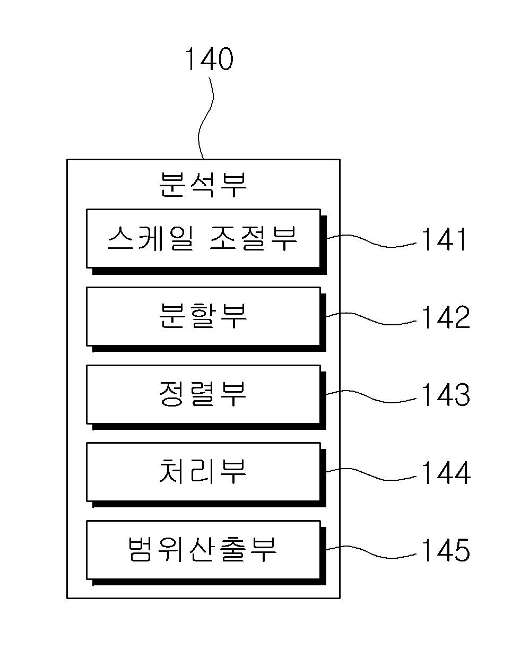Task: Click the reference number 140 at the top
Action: tap(209, 59)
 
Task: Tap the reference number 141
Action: tap(444, 239)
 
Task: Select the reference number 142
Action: tap(446, 317)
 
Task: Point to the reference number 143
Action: tap(446, 395)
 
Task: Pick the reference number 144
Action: tap(446, 473)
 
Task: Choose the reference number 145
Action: tap(446, 550)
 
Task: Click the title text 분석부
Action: tap(203, 184)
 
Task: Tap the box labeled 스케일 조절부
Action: tap(203, 239)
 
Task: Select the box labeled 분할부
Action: tap(203, 317)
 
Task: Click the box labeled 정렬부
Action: tap(203, 394)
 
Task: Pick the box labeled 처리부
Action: tap(203, 472)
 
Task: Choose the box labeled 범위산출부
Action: tap(203, 550)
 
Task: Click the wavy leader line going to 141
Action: tap(371, 241)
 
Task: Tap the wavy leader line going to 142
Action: tap(371, 319)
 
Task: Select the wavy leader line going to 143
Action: tap(371, 397)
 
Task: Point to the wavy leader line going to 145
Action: tap(371, 552)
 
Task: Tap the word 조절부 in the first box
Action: tap(254, 238)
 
